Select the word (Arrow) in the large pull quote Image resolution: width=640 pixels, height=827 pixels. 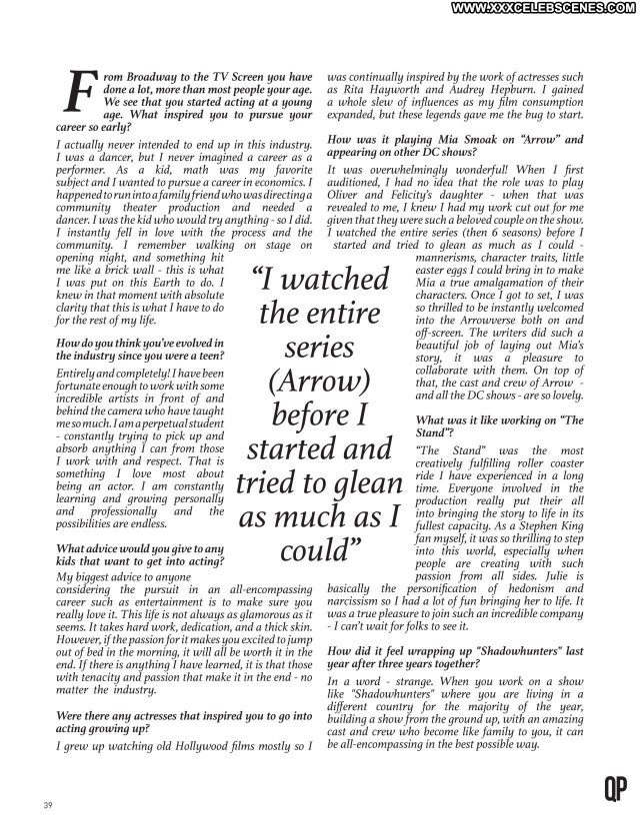point(319,381)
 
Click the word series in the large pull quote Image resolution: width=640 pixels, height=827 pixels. point(318,347)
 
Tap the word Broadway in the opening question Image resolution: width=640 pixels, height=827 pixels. point(162,77)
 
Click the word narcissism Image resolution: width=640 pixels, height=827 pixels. point(361,603)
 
